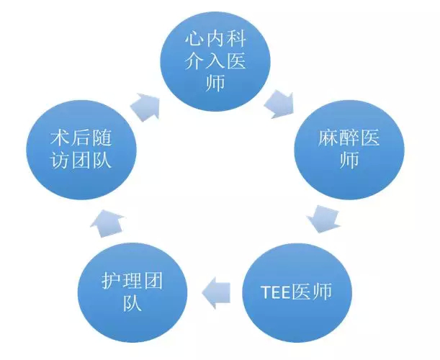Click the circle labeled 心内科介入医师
[215, 61]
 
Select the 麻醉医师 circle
[349, 150]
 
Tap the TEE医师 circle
[297, 292]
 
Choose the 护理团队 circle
[133, 292]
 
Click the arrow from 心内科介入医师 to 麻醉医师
[279, 104]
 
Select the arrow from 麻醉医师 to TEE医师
[323, 219]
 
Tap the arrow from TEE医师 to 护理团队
[216, 292]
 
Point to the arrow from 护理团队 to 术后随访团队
[107, 223]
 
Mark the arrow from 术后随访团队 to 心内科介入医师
[145, 107]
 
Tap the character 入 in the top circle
[215, 61]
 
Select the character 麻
[328, 138]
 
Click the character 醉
[349, 138]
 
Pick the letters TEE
[275, 292]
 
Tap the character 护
[111, 281]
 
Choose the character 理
[133, 281]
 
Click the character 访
[60, 161]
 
